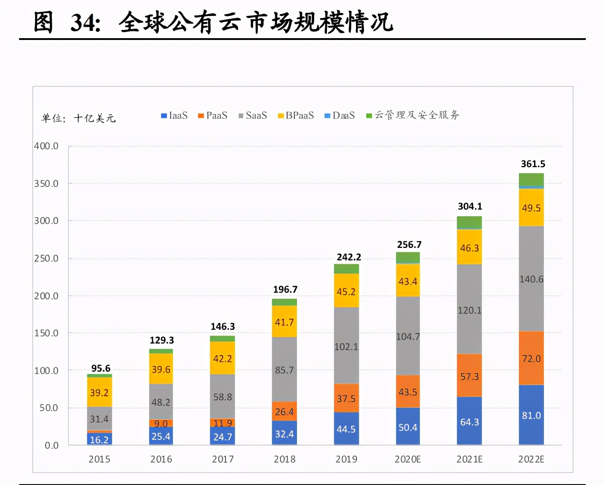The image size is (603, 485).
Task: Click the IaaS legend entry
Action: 174,116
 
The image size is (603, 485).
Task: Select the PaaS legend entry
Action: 213,116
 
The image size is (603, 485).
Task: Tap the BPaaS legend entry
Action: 296,116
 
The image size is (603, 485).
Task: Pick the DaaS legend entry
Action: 340,116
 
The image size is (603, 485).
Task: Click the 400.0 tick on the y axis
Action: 46,146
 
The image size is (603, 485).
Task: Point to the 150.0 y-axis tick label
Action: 46,333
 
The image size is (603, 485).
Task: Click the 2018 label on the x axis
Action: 284,459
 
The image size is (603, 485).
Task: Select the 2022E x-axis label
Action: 531,459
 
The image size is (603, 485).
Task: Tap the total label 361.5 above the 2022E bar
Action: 533,164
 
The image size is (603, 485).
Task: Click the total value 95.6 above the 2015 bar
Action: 100,368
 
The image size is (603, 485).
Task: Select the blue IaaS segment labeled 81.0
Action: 531,415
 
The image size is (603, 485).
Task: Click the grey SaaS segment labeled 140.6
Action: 531,279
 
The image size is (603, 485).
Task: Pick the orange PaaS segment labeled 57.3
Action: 469,376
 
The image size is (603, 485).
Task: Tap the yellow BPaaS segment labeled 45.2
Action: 346,291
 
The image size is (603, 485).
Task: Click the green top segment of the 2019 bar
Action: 346,269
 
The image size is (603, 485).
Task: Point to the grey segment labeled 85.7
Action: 284,370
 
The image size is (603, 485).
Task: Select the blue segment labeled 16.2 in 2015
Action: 99,439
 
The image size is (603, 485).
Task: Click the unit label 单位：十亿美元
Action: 79,119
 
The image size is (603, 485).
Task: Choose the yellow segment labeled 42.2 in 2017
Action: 222,358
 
